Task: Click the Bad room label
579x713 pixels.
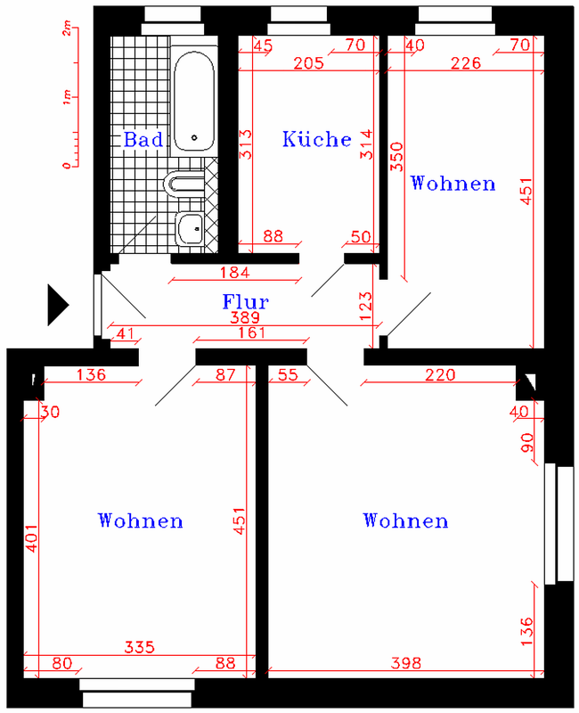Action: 143,139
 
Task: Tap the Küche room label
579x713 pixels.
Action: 317,139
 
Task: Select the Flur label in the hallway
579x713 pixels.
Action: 246,301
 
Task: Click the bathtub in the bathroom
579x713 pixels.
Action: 194,101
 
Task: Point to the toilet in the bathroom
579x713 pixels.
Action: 183,184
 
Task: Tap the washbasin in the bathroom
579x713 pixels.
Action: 190,229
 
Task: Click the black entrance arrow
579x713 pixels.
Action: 58,305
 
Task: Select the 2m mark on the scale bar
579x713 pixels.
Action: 67,29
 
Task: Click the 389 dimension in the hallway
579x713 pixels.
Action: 245,317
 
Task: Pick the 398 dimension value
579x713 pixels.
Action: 406,663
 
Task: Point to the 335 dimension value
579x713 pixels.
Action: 140,647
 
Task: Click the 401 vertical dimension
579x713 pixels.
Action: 31,538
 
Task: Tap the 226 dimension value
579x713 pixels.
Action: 465,62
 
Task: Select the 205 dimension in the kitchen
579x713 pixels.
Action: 308,62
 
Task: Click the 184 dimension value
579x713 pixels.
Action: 235,273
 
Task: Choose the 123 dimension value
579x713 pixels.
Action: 365,306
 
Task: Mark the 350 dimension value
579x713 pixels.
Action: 396,157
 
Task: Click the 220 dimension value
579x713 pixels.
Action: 440,374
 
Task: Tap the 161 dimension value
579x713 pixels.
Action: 251,332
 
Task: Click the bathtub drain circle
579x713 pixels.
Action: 194,137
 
